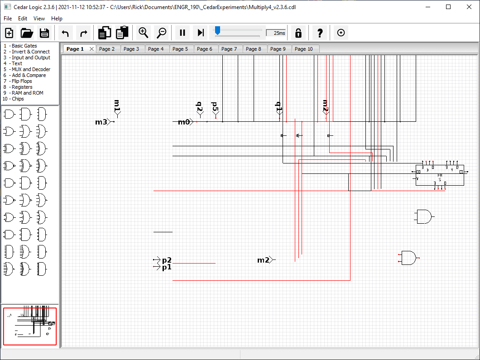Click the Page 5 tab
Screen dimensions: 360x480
(180, 49)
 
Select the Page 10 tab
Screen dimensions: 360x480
(303, 49)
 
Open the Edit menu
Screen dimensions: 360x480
(23, 19)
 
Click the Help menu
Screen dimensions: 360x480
(57, 19)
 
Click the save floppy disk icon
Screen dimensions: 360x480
(44, 33)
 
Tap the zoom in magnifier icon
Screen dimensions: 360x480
(144, 33)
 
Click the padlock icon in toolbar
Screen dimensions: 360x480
(298, 33)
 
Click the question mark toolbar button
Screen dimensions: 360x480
(320, 33)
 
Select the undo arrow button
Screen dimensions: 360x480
(65, 33)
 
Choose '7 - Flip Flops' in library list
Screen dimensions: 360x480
(20, 81)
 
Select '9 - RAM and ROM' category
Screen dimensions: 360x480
(23, 93)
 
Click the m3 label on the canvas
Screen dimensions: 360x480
(101, 122)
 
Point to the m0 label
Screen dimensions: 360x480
(184, 122)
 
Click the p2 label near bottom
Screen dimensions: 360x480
(167, 260)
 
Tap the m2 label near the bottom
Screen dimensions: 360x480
(264, 260)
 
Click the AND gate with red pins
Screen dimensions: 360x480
(408, 258)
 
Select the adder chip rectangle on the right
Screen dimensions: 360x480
(440, 175)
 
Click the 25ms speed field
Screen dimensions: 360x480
(276, 33)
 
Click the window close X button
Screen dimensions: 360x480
(469, 7)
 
